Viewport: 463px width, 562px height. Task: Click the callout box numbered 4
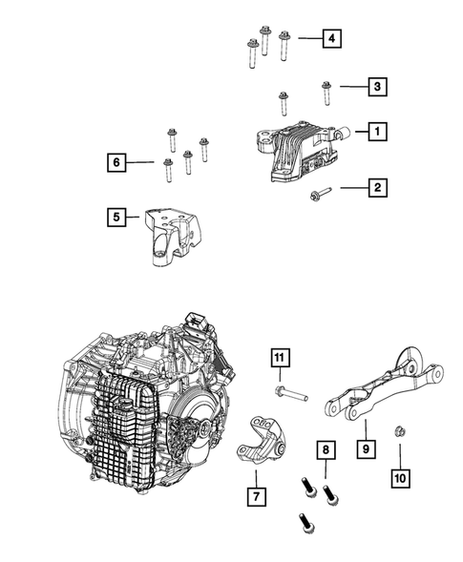pyautogui.click(x=331, y=38)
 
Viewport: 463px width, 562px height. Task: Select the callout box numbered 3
pyautogui.click(x=377, y=87)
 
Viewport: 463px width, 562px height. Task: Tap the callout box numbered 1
pyautogui.click(x=377, y=132)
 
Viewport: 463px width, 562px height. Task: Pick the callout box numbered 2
pyautogui.click(x=377, y=187)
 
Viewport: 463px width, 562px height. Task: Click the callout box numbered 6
pyautogui.click(x=116, y=162)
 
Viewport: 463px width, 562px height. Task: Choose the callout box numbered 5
pyautogui.click(x=116, y=217)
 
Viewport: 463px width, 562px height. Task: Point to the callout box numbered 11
pyautogui.click(x=280, y=358)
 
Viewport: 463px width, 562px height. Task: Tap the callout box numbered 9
pyautogui.click(x=367, y=448)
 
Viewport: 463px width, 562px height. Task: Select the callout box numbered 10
pyautogui.click(x=400, y=478)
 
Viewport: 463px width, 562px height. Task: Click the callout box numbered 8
pyautogui.click(x=326, y=449)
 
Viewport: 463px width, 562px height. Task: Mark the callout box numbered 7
pyautogui.click(x=257, y=496)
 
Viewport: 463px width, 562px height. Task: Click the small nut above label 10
pyautogui.click(x=399, y=431)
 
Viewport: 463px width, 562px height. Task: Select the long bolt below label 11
pyautogui.click(x=291, y=393)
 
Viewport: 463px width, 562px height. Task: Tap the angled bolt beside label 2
pyautogui.click(x=321, y=194)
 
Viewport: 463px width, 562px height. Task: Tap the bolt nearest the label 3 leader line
pyautogui.click(x=326, y=93)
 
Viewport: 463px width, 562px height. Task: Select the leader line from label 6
pyautogui.click(x=140, y=162)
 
